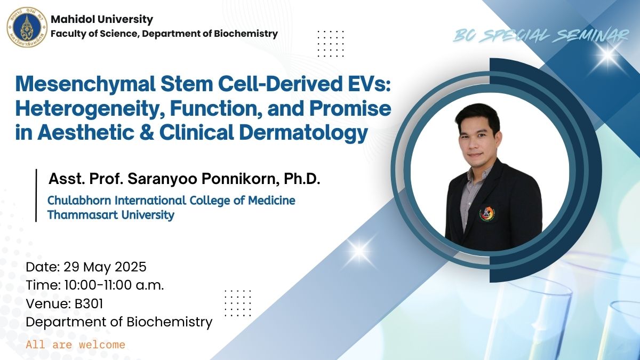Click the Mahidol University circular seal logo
tap(27, 27)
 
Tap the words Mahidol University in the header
tap(102, 19)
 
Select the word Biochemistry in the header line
tap(246, 34)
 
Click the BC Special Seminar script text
tap(541, 36)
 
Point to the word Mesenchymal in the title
tap(86, 84)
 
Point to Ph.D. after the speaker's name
tap(302, 179)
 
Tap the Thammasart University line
tap(111, 215)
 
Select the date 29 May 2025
tap(105, 267)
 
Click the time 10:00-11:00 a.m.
tap(114, 285)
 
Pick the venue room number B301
tap(89, 303)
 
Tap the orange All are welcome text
tap(75, 345)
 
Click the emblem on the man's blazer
tap(487, 214)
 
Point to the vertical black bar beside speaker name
tap(36, 195)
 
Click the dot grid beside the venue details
tap(238, 303)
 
